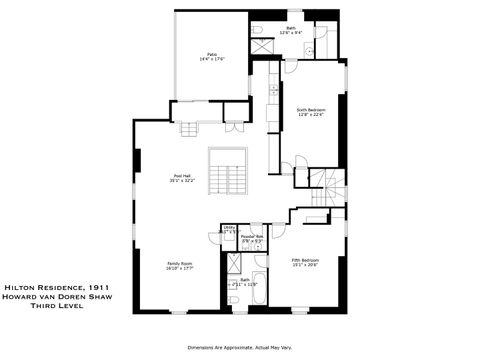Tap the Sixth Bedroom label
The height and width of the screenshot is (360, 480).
tap(311, 109)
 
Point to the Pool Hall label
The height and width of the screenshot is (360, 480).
tap(181, 176)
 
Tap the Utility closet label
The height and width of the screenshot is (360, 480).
tap(228, 229)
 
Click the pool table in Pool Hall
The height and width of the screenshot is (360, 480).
tap(225, 174)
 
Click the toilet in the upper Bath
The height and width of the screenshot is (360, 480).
tap(309, 49)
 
